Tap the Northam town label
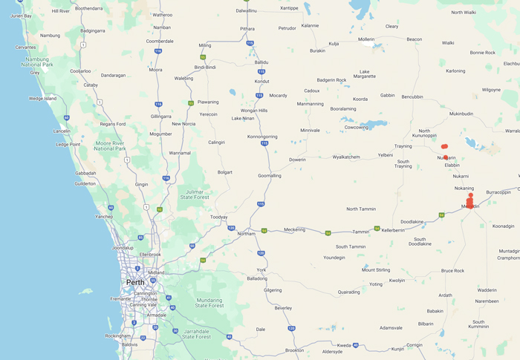click(x=246, y=233)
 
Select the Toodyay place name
click(x=218, y=217)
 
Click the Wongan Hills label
click(x=252, y=111)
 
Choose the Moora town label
click(x=155, y=69)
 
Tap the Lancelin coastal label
click(x=62, y=131)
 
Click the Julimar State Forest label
click(x=198, y=194)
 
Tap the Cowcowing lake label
click(x=357, y=127)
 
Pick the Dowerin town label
click(x=297, y=160)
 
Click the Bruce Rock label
click(x=452, y=271)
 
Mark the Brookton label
click(x=294, y=350)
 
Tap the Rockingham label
click(x=117, y=336)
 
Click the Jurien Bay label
click(x=22, y=16)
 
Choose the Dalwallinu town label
click(x=246, y=10)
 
